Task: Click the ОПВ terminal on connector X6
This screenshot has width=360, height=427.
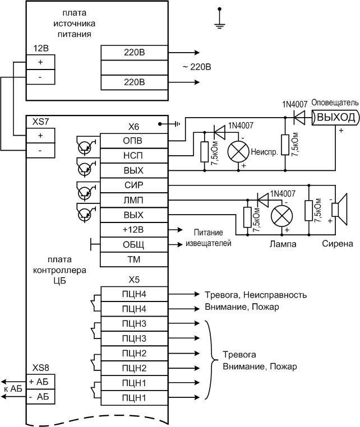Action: [133, 140]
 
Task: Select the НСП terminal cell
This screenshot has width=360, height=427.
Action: [133, 155]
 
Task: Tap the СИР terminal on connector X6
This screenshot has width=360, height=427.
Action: [133, 185]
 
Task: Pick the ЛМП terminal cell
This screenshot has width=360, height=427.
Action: [133, 200]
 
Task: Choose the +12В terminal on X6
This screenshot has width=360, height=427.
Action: [133, 230]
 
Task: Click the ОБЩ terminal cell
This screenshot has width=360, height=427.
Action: [133, 245]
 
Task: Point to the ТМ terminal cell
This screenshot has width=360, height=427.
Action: [133, 260]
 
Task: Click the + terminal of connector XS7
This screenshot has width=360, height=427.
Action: [40, 135]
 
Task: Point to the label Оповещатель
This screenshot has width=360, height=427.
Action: [334, 104]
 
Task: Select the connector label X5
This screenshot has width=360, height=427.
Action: [133, 280]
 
